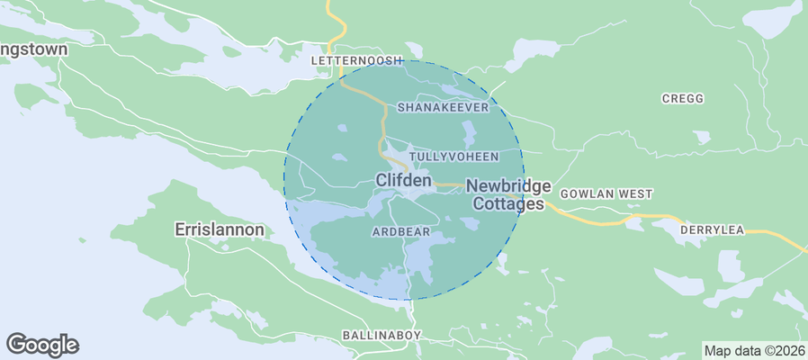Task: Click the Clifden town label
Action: (403, 181)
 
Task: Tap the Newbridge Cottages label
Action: (508, 194)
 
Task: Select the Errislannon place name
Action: (219, 230)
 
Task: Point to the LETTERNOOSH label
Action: (355, 60)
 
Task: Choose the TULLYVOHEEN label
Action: (453, 157)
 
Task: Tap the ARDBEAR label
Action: (401, 232)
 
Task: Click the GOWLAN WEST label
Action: (606, 194)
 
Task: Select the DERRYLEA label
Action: (712, 230)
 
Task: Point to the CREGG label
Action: (682, 99)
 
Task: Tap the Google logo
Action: (42, 345)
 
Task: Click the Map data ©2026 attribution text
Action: (754, 351)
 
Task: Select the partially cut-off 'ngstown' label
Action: (33, 50)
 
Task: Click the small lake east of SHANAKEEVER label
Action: (469, 136)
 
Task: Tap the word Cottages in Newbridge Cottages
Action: (509, 204)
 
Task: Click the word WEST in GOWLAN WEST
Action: (635, 194)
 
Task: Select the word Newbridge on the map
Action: (508, 185)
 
